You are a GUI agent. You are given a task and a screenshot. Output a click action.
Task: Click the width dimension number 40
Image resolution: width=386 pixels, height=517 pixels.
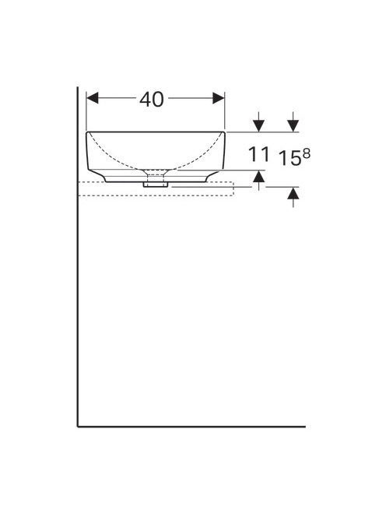[152, 99]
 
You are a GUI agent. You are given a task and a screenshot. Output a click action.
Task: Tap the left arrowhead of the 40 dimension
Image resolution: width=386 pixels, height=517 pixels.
[93, 98]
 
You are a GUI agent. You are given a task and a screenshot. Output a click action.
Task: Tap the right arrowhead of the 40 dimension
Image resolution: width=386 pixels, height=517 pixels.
[219, 98]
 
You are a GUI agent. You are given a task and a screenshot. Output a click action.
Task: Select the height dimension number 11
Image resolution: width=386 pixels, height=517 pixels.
[258, 154]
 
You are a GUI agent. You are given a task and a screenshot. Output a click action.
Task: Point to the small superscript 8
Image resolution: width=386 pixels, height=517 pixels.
[306, 153]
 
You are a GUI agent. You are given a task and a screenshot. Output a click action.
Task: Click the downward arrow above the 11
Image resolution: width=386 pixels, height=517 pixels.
[259, 121]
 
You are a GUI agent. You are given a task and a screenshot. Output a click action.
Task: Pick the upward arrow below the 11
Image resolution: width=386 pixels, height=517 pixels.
[259, 181]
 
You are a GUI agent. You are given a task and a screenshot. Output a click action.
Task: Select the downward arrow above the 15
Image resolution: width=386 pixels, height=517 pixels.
[293, 121]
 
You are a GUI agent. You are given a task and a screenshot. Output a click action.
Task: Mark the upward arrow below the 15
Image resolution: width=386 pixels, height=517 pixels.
[293, 197]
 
